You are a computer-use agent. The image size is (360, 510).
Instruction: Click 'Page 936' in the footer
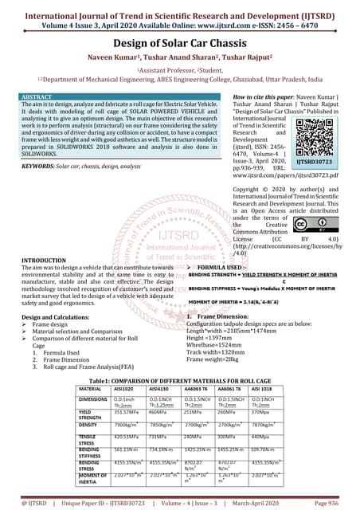pyautogui.click(x=329, y=504)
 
